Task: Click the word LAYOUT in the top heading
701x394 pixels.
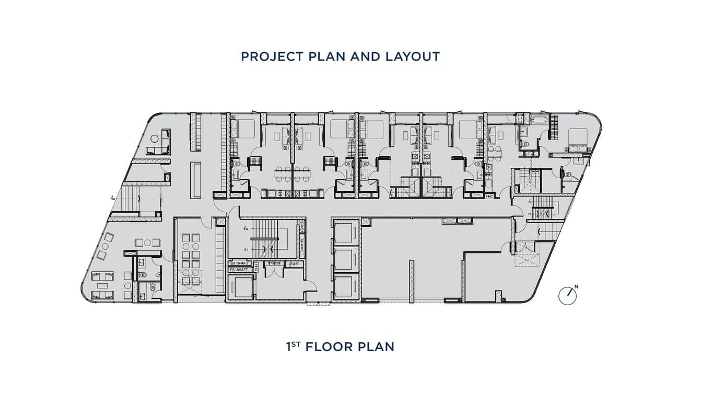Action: pyautogui.click(x=413, y=56)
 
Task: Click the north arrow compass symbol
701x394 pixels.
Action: pyautogui.click(x=567, y=296)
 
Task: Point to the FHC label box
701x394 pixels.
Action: pyautogui.click(x=489, y=196)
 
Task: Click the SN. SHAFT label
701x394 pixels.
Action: pyautogui.click(x=240, y=263)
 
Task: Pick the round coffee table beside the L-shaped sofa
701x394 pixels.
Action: pyautogui.click(x=155, y=138)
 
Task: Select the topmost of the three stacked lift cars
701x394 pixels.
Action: pyautogui.click(x=345, y=233)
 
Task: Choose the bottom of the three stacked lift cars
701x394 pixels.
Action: pyautogui.click(x=345, y=286)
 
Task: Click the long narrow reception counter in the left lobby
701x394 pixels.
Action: pyautogui.click(x=196, y=180)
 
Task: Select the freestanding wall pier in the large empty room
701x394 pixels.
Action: pyautogui.click(x=411, y=281)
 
